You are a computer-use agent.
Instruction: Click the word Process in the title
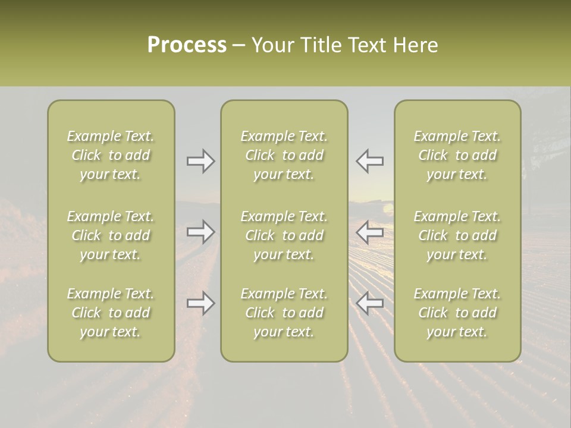tap(187, 45)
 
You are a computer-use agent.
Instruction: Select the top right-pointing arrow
tap(201, 160)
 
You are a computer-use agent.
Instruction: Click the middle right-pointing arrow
tap(201, 231)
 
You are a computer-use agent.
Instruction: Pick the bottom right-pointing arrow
tap(201, 303)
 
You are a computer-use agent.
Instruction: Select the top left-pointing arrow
tap(370, 160)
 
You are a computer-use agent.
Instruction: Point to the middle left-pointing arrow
tap(370, 231)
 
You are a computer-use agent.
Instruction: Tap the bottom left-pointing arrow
tap(370, 303)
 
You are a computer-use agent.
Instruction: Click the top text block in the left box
tap(111, 155)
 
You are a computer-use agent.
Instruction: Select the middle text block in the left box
tap(111, 235)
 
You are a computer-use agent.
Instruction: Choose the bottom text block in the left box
tap(111, 313)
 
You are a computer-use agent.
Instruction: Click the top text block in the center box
tap(284, 155)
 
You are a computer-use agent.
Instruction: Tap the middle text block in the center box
tap(284, 235)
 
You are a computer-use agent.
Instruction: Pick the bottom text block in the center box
tap(284, 313)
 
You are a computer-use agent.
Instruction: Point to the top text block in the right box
tap(457, 155)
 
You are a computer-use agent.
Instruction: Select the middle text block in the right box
tap(457, 235)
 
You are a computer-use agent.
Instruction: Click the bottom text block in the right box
tap(457, 313)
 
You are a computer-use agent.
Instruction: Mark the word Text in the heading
tap(365, 45)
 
